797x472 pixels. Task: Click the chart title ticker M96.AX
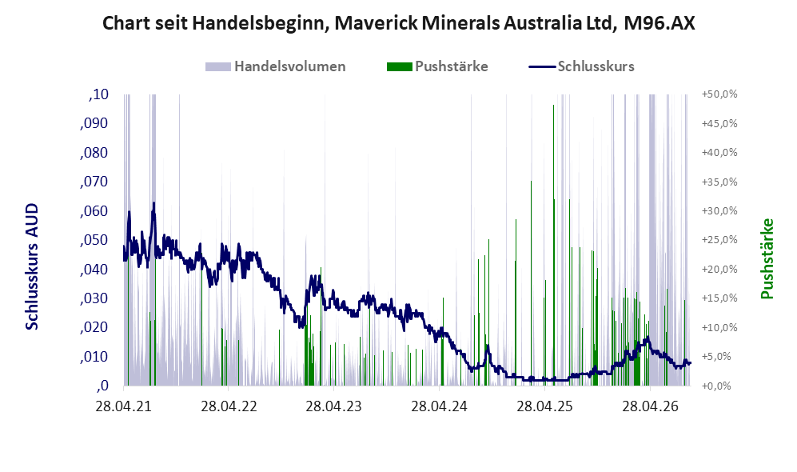[659, 23]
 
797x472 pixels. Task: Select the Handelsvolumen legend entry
[276, 66]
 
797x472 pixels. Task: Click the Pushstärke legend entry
[437, 66]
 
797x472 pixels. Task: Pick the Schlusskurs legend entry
[581, 66]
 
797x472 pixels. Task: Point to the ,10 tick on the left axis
[98, 94]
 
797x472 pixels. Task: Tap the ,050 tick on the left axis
[94, 240]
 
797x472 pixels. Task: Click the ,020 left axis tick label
[94, 327]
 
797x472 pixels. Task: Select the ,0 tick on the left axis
[102, 386]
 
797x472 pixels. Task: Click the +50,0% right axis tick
[719, 94]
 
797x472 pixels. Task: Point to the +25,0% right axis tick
[719, 240]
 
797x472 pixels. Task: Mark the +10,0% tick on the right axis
[719, 327]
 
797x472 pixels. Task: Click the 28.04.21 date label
[124, 407]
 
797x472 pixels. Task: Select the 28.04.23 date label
[334, 407]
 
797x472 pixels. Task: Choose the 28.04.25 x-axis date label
[545, 407]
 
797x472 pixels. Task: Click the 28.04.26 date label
[651, 407]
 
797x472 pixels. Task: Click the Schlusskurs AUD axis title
[32, 266]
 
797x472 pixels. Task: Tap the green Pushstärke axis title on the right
[767, 259]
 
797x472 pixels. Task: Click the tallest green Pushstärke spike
[553, 106]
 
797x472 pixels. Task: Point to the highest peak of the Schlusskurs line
[153, 203]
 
